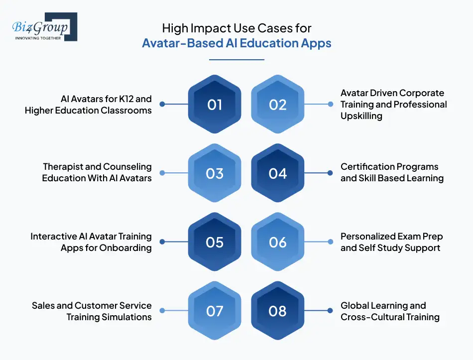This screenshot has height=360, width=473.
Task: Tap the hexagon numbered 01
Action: [x=215, y=105]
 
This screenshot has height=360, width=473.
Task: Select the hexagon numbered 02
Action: [x=278, y=105]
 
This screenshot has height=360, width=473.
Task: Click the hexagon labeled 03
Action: [x=215, y=173]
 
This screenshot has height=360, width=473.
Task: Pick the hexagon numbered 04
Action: [x=278, y=173]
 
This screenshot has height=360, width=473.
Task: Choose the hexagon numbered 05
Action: [x=215, y=242]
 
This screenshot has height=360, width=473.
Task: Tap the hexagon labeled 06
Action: [x=278, y=242]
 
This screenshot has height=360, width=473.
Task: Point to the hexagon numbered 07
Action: [x=215, y=311]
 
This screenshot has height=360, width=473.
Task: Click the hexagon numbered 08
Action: [x=278, y=311]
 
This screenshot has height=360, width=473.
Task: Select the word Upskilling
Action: [x=361, y=116]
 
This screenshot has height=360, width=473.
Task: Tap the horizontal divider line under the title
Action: [x=236, y=60]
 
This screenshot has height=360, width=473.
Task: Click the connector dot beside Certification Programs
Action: [x=330, y=173]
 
